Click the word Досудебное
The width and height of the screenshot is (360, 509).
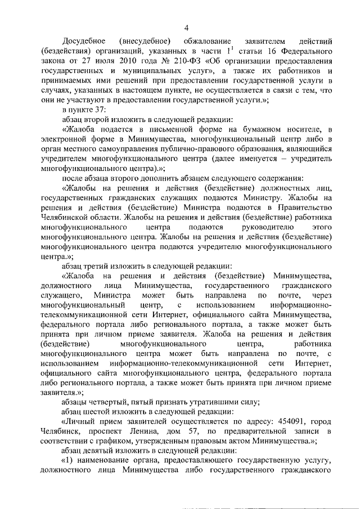pyautogui.click(x=84, y=42)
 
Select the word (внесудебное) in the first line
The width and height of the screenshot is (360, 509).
pyautogui.click(x=143, y=42)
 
